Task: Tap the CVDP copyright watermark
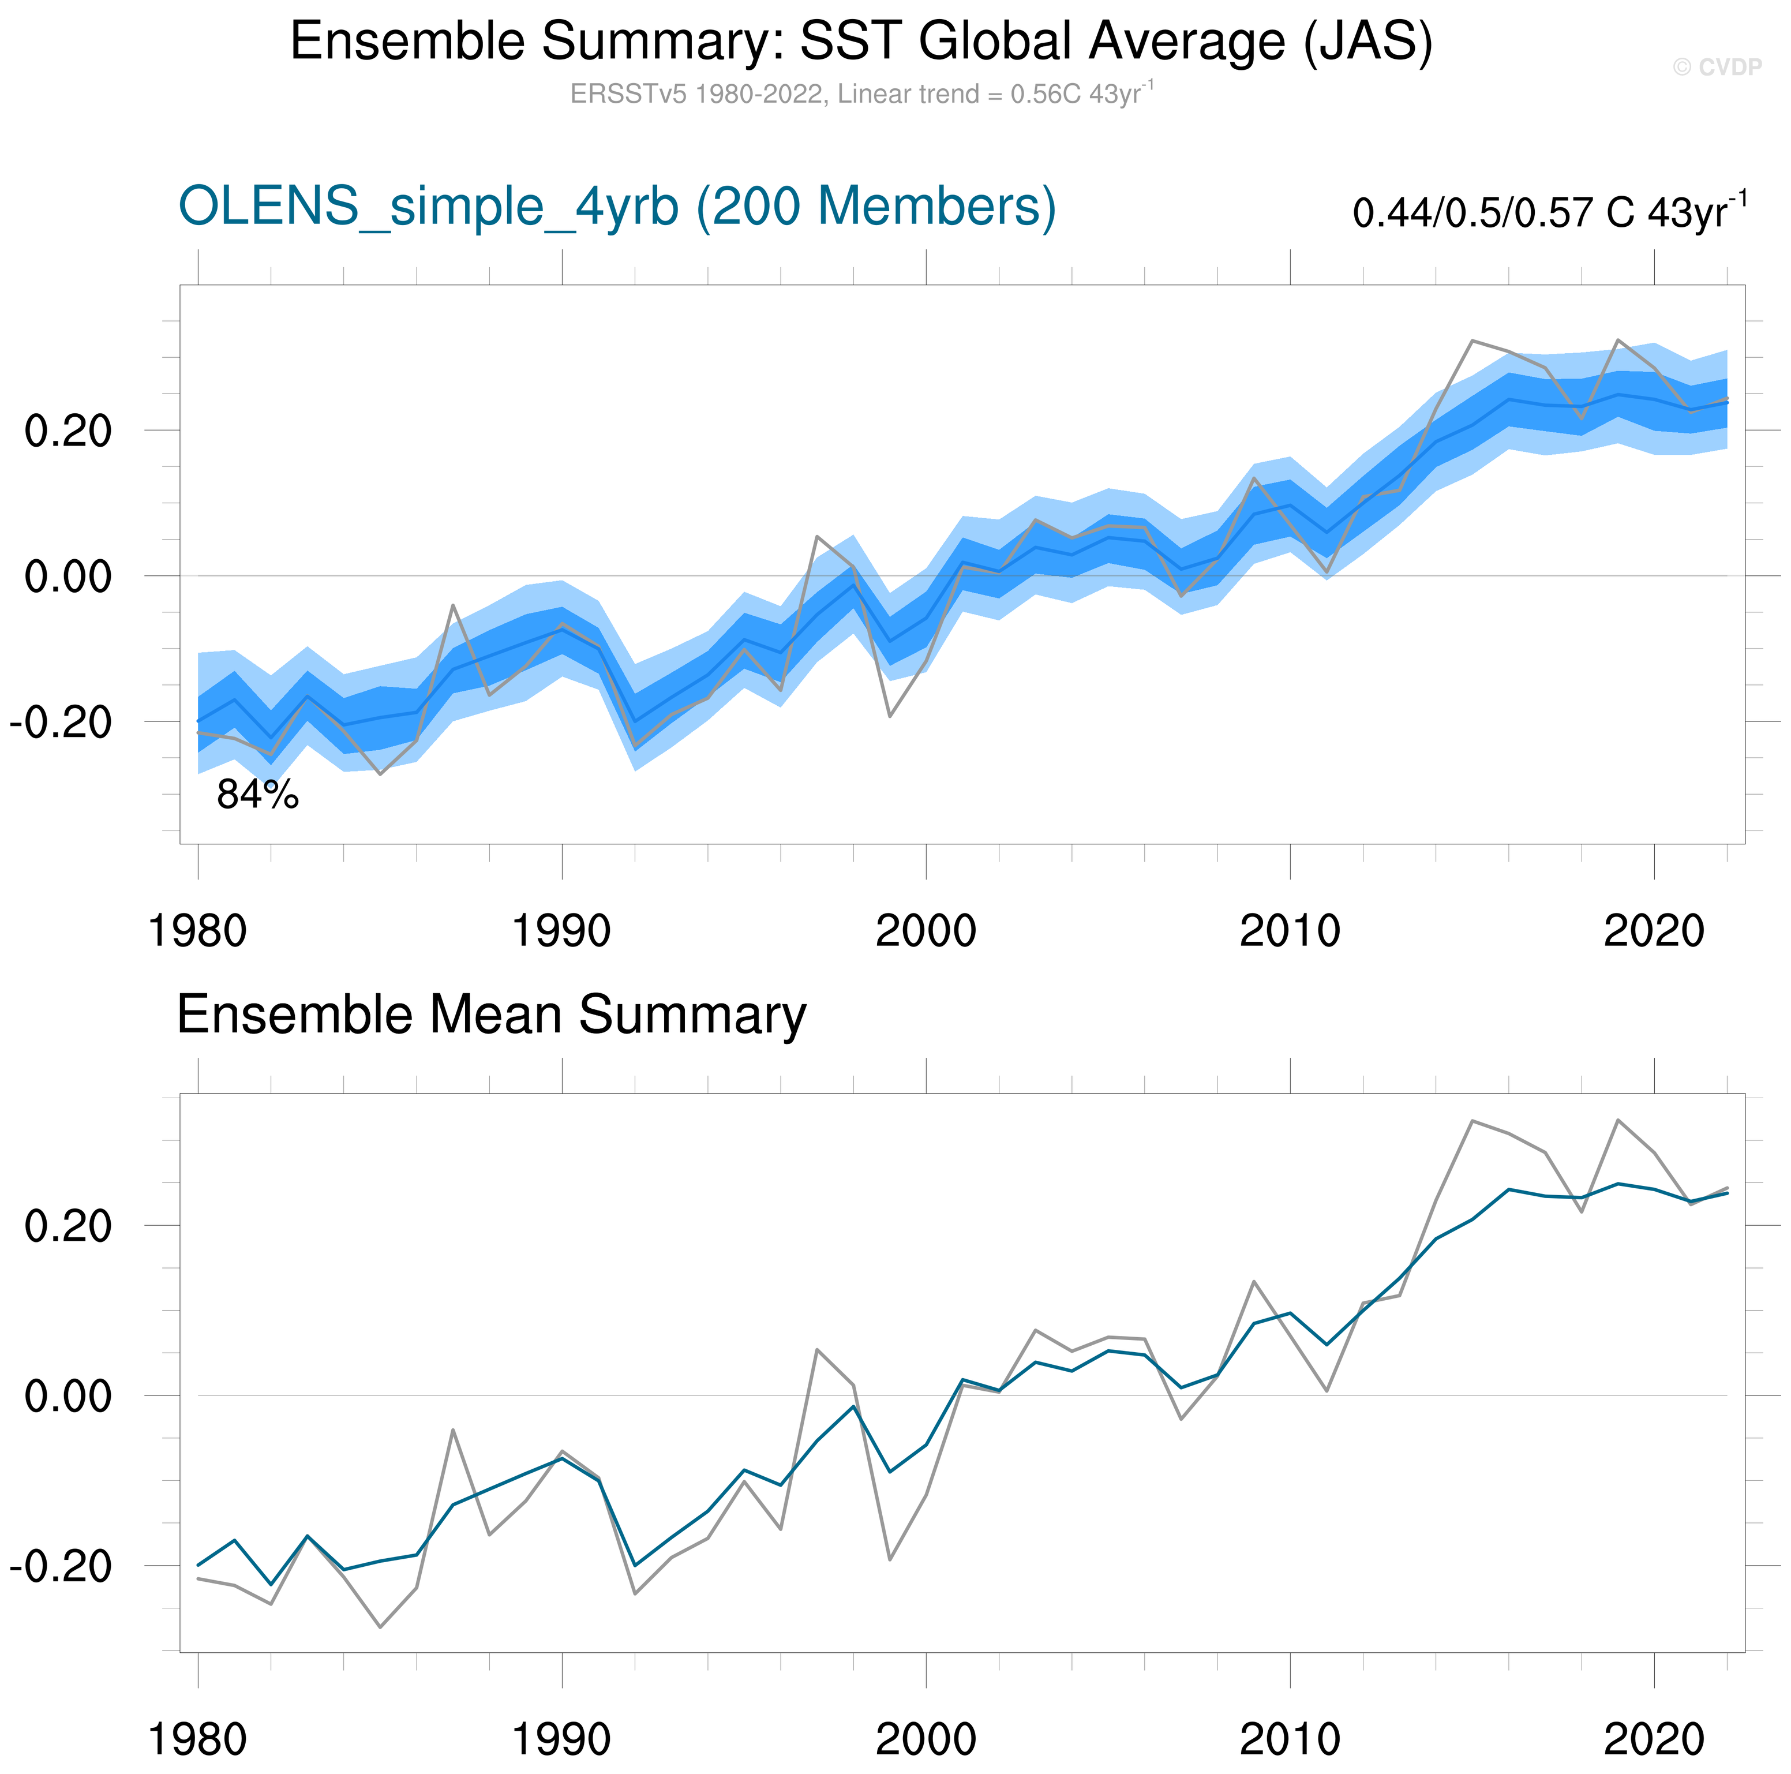pos(1717,67)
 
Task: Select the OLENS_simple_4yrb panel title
pos(616,206)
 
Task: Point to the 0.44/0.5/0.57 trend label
pos(1548,212)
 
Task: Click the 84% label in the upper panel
pos(258,795)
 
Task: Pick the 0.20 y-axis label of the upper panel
pos(68,431)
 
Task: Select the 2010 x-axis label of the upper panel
pos(1290,930)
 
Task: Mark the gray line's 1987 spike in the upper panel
pos(452,605)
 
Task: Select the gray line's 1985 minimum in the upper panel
pos(380,773)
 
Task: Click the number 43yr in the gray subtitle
pos(1115,95)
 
